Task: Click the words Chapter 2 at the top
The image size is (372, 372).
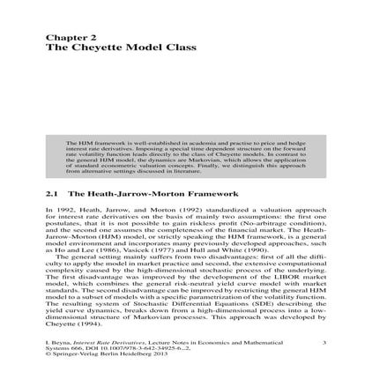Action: click(64, 37)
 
